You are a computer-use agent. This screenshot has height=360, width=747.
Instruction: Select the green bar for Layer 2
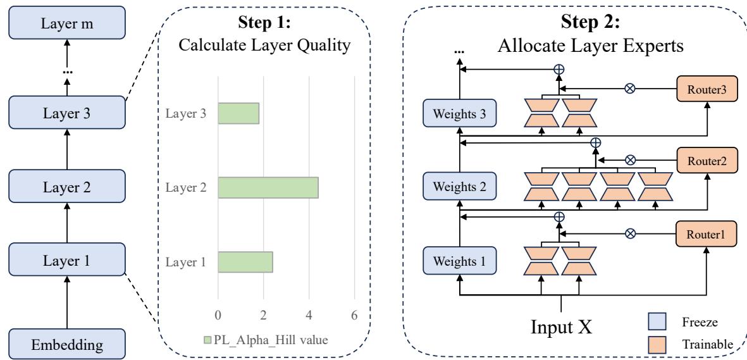(268, 187)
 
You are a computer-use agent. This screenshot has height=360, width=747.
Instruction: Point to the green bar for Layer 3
(238, 113)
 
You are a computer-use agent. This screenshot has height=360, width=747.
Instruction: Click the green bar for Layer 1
(245, 262)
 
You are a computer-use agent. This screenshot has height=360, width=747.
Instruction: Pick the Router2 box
(706, 161)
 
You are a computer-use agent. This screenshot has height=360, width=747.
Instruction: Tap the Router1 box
(706, 233)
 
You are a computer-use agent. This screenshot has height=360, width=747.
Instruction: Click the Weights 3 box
(460, 115)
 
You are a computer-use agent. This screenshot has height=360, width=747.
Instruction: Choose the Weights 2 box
(460, 187)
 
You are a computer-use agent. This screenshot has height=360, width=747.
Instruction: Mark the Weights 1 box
(460, 261)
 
